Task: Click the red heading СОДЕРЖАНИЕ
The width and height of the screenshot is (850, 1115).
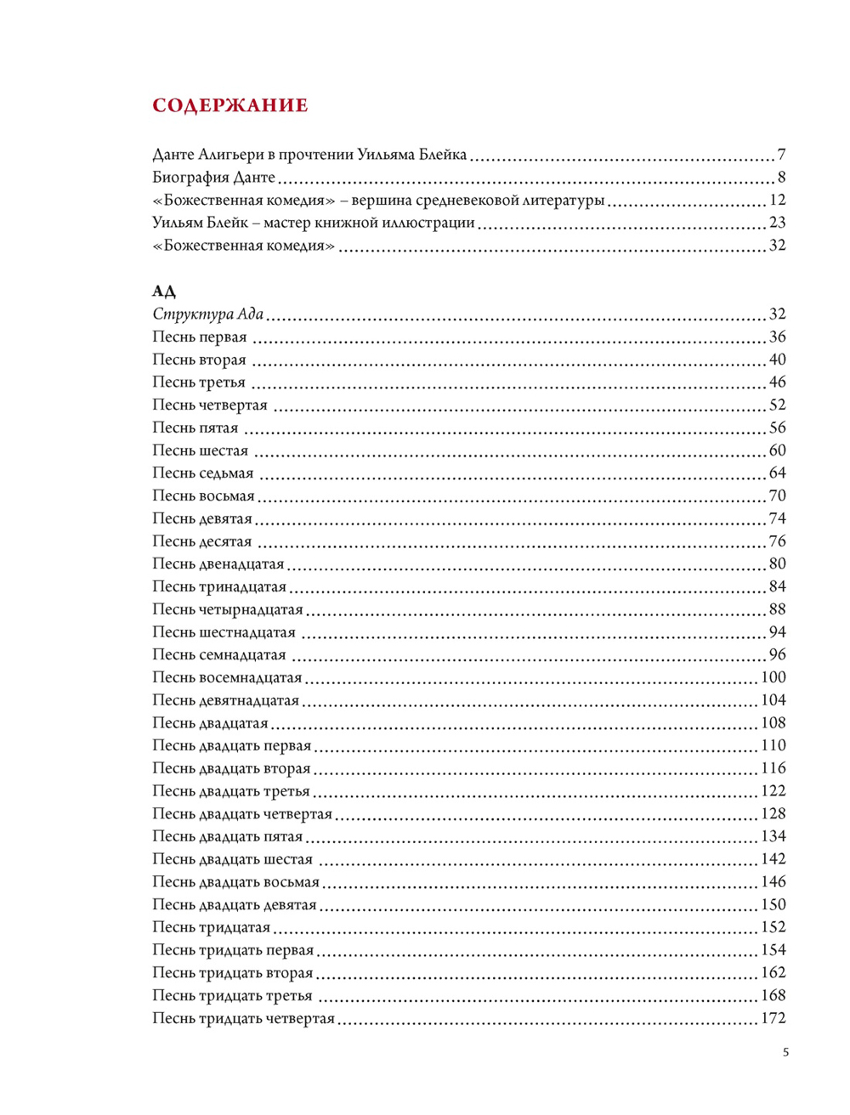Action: pyautogui.click(x=229, y=105)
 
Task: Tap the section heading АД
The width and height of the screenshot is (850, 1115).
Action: pyautogui.click(x=164, y=291)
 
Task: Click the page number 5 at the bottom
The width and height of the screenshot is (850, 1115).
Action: pyautogui.click(x=785, y=1052)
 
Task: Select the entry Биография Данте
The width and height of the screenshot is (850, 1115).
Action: pyautogui.click(x=213, y=178)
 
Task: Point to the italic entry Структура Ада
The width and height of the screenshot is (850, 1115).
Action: pyautogui.click(x=207, y=314)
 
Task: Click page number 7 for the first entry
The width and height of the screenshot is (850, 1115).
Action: pyautogui.click(x=781, y=155)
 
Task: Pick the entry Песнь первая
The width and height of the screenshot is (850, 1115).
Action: pyautogui.click(x=199, y=337)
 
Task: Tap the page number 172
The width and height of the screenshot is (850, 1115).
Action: pyautogui.click(x=773, y=1018)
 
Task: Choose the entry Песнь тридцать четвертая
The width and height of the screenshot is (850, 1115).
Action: pyautogui.click(x=243, y=1018)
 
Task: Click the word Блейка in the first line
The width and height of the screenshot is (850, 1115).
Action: pyautogui.click(x=442, y=155)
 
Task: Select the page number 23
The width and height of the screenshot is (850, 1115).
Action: pyautogui.click(x=777, y=223)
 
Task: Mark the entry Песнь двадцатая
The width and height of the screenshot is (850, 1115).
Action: pyautogui.click(x=210, y=723)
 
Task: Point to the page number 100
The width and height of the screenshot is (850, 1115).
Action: pyautogui.click(x=773, y=677)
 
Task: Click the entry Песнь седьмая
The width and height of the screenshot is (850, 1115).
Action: pyautogui.click(x=202, y=473)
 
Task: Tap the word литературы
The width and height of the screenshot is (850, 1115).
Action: pyautogui.click(x=564, y=201)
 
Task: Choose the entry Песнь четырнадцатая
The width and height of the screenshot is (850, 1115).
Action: pyautogui.click(x=227, y=609)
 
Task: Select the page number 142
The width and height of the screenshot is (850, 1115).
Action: pyautogui.click(x=773, y=859)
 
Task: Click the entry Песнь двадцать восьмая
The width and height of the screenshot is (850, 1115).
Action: pyautogui.click(x=235, y=882)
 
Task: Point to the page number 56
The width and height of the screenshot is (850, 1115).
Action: pyautogui.click(x=777, y=427)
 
